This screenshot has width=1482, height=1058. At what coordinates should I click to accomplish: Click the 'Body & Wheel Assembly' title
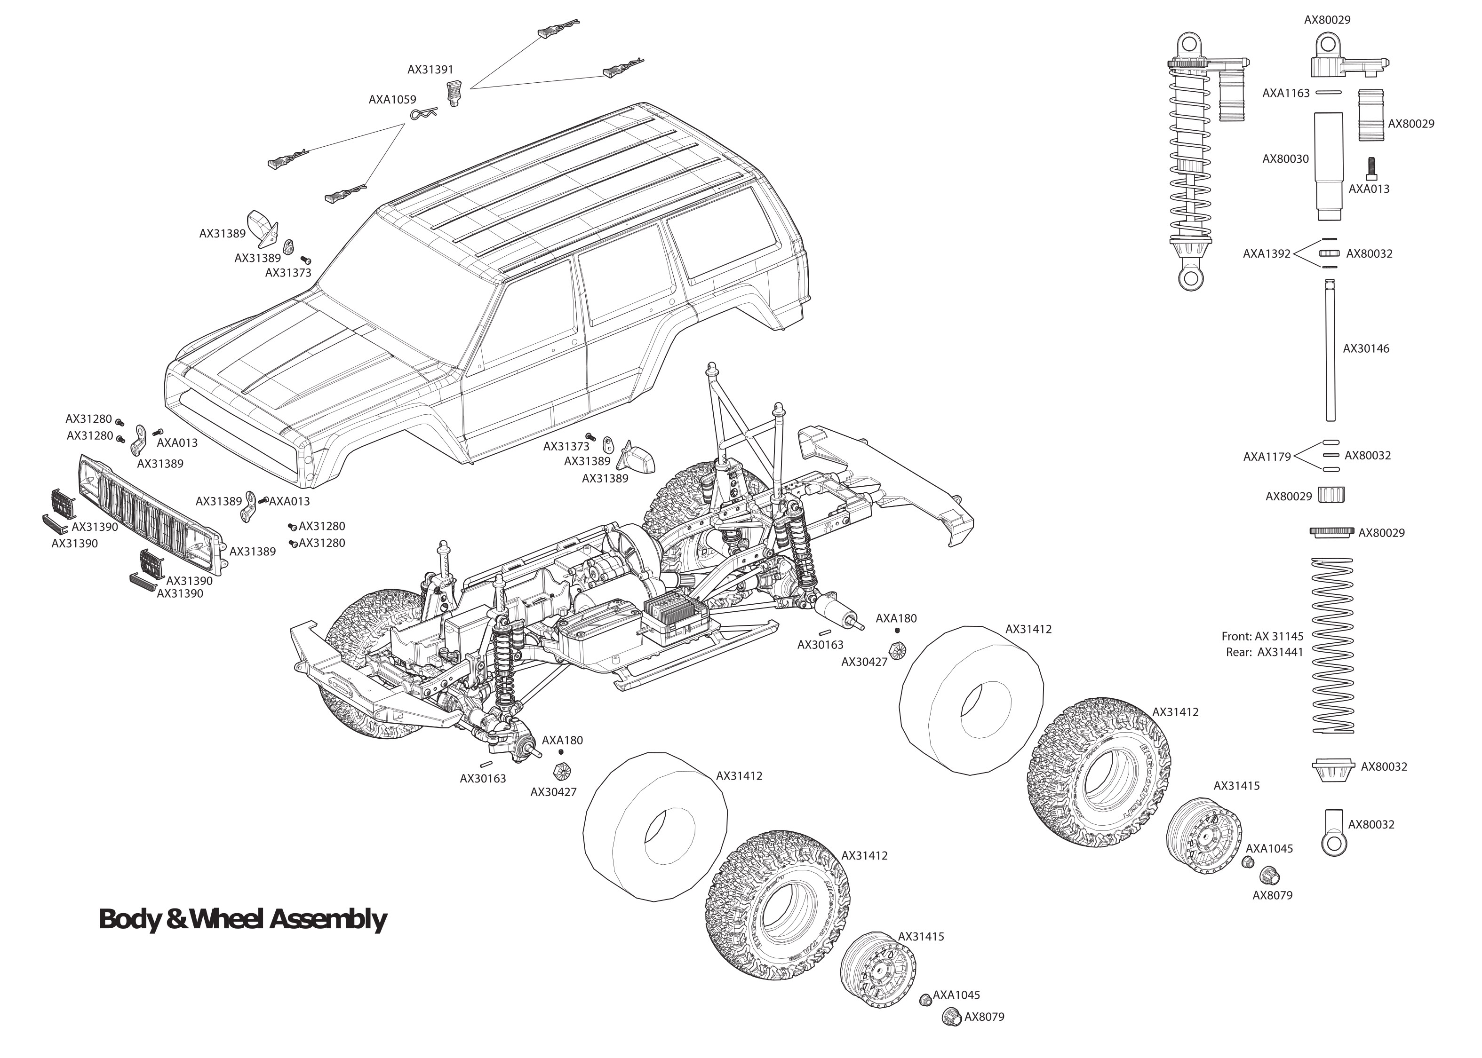tap(242, 919)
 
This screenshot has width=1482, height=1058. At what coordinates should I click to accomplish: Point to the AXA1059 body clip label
tap(392, 100)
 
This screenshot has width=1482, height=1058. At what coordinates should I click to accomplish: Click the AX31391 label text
tap(430, 69)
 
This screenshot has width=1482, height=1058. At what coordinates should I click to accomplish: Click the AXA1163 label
tap(1285, 93)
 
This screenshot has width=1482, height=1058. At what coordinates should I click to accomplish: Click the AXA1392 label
tap(1266, 253)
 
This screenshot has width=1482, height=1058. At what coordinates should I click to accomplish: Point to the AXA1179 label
tap(1266, 457)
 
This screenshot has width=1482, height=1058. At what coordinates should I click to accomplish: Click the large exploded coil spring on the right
tap(1332, 645)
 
